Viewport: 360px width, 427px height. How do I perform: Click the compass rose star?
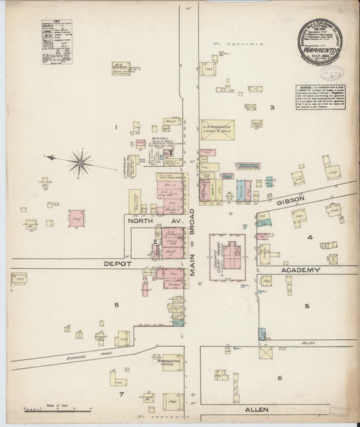(80, 161)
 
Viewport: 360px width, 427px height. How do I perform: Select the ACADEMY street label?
(299, 270)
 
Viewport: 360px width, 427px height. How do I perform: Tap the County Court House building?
(227, 255)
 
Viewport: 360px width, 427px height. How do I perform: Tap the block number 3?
(272, 107)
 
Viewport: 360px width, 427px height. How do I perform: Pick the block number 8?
(116, 305)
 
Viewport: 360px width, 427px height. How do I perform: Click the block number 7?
(122, 393)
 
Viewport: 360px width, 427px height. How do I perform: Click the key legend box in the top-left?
(57, 41)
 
